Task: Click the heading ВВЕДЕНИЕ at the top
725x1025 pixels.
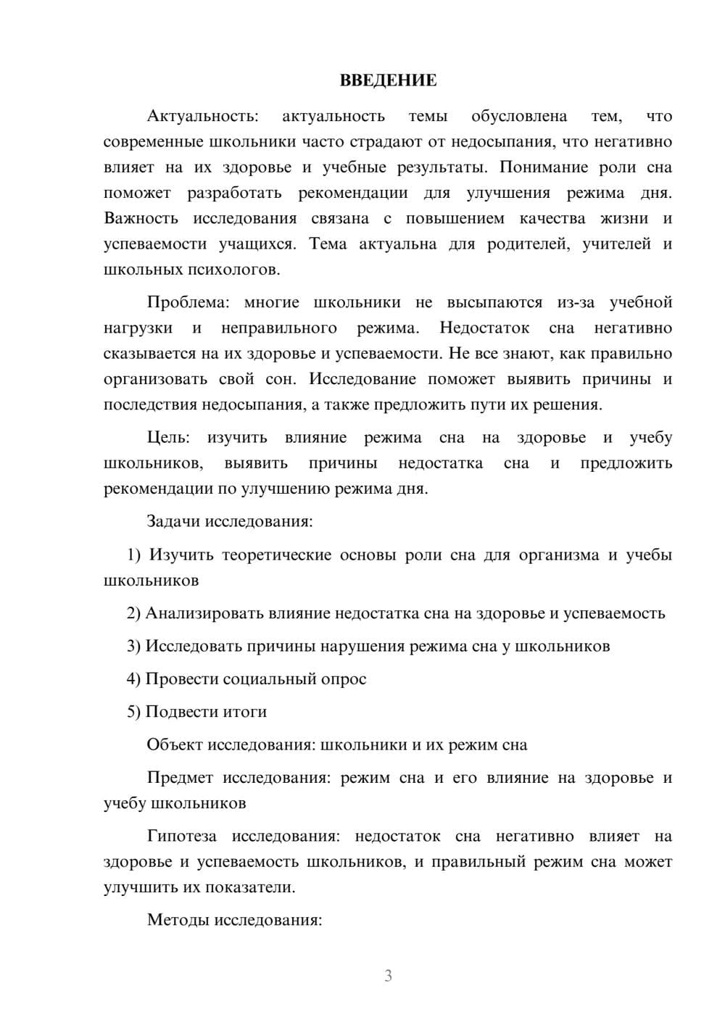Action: (388, 80)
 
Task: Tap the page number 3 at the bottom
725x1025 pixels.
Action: (388, 976)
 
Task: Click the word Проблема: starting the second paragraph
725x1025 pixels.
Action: (192, 302)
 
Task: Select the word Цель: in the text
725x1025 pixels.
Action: (168, 438)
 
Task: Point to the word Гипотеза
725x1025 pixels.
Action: (182, 837)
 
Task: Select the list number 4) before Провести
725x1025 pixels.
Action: (133, 679)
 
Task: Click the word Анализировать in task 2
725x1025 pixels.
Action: (204, 613)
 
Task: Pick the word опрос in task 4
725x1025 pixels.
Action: (347, 679)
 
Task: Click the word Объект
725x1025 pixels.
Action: (175, 745)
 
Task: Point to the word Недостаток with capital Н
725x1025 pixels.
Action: (484, 328)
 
